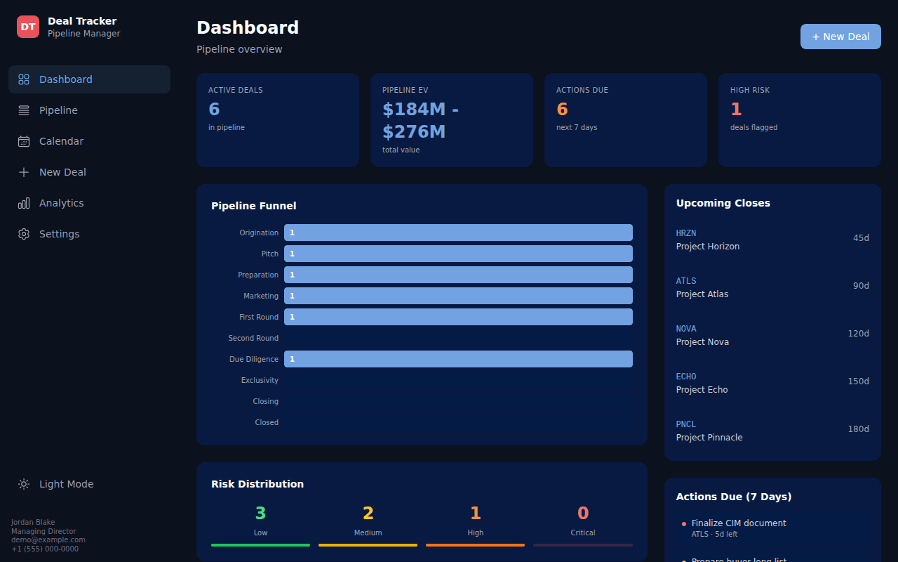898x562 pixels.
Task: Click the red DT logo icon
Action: point(27,27)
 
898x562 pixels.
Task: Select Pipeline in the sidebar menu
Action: point(89,110)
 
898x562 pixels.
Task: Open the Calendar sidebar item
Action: point(89,141)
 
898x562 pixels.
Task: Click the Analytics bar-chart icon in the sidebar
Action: point(24,203)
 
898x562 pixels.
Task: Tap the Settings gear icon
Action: point(24,234)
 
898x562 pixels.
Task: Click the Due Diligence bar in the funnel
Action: point(458,359)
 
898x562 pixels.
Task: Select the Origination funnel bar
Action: point(458,233)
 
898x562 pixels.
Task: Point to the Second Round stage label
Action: point(253,338)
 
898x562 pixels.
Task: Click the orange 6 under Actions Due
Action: point(562,109)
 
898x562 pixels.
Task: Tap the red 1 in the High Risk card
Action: point(736,109)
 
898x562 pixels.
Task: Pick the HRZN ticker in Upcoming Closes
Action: point(686,233)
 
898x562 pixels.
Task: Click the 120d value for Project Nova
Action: point(858,334)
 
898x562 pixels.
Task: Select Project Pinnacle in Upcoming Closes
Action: point(709,438)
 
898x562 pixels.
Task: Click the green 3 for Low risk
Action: point(260,513)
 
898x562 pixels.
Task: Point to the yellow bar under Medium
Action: point(368,545)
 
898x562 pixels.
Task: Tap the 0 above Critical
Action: point(583,513)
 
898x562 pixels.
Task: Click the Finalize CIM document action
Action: point(739,523)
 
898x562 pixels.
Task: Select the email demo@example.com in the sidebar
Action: point(48,540)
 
